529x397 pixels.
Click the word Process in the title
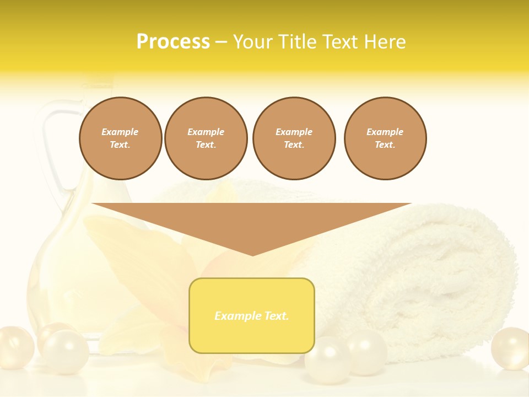[x=173, y=42]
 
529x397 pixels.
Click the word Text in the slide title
[x=340, y=42]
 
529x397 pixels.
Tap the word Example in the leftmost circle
[x=120, y=132]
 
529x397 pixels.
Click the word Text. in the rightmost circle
[x=385, y=145]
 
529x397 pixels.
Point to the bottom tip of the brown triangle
[x=252, y=255]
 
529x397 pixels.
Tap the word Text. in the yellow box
[x=276, y=316]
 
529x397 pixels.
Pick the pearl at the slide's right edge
[x=510, y=348]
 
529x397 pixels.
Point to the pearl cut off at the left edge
[x=13, y=347]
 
